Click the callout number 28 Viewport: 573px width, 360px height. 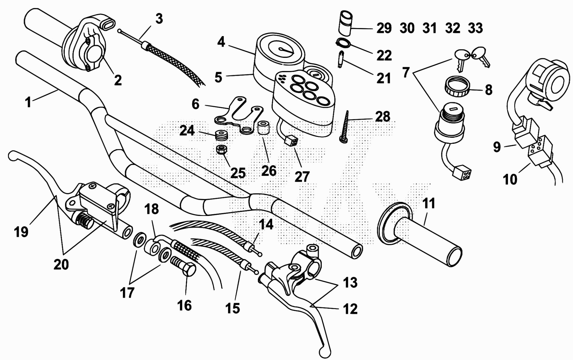(x=382, y=116)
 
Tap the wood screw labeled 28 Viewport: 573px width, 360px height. (x=345, y=127)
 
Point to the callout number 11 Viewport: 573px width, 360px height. (x=429, y=204)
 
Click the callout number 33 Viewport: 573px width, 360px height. (x=475, y=28)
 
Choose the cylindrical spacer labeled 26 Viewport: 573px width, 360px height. (x=263, y=128)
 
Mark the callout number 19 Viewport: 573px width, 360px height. (x=21, y=231)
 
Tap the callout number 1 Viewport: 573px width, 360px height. (x=28, y=102)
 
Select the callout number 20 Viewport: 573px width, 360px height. (x=61, y=264)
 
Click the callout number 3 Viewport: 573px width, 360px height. (x=159, y=19)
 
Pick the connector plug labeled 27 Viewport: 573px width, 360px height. (x=292, y=140)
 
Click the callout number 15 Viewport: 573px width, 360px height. (x=232, y=308)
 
